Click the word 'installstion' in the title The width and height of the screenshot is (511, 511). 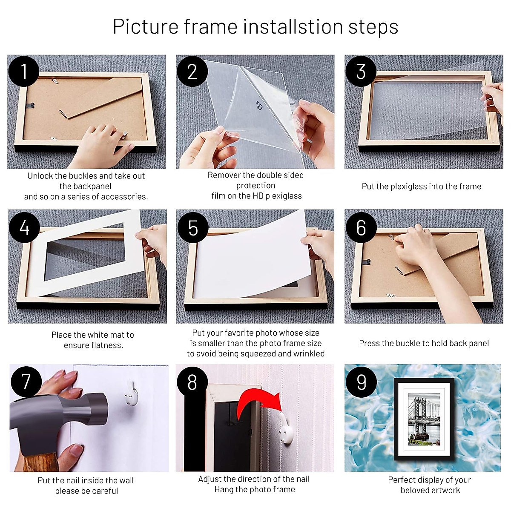293,26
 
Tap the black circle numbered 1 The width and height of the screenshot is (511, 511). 24,71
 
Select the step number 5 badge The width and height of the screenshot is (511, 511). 192,228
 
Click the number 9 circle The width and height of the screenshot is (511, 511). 361,382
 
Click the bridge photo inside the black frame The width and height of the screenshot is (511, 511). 424,419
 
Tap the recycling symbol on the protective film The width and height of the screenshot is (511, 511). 259,105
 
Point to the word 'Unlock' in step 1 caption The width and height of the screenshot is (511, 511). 40,176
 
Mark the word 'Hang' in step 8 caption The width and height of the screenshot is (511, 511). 224,489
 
